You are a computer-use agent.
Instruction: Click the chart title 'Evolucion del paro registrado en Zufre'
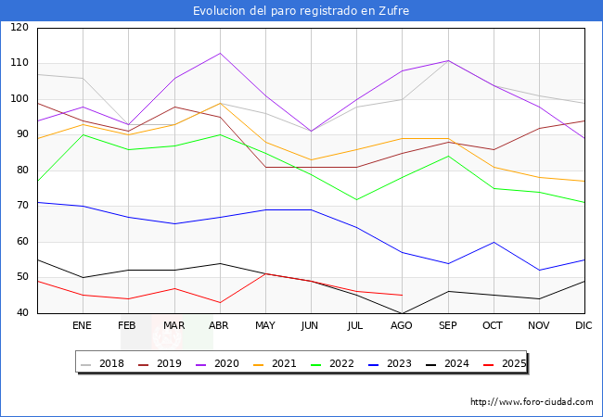(301, 11)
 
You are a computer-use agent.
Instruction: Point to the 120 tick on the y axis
(19, 28)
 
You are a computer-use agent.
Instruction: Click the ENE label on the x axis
(83, 326)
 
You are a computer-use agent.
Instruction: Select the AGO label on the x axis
(402, 326)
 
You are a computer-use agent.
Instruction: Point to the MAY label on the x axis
(265, 326)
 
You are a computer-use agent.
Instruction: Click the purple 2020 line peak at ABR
(220, 53)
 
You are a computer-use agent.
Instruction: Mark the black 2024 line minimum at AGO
(402, 313)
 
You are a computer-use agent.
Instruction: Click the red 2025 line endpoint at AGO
(402, 296)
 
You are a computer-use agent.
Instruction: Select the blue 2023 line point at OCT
(494, 242)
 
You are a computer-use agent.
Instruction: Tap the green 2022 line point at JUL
(356, 199)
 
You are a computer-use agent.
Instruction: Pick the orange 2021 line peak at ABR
(220, 103)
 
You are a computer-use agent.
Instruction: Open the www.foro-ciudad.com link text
(532, 402)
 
